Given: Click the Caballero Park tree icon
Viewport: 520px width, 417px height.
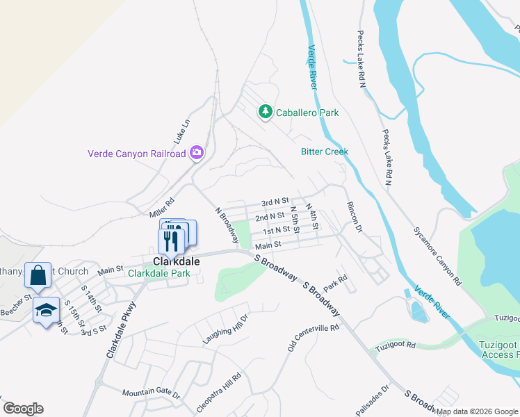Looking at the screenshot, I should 265,111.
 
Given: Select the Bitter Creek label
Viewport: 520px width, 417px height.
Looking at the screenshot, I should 324,152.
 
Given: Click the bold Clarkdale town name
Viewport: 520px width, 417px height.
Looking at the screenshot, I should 172,261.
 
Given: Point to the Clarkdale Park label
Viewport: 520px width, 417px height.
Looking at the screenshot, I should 159,273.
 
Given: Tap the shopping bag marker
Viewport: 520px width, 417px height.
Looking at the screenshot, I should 37,276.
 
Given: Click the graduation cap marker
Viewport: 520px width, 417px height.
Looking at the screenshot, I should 46,311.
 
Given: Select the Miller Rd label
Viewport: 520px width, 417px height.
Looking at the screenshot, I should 161,205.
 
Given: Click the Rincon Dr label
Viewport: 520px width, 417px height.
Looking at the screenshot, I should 354,217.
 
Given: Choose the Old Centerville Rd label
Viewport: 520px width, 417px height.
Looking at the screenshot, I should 314,337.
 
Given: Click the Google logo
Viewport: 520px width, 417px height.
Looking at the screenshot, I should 24,409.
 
